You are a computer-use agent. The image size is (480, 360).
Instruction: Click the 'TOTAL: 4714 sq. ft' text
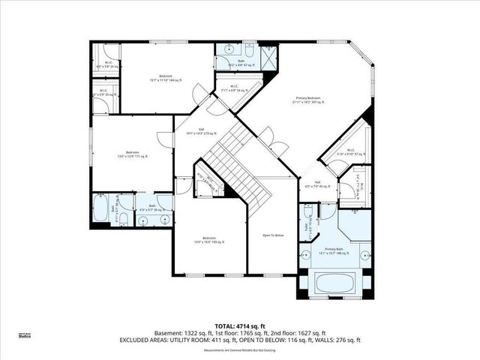tap(240, 325)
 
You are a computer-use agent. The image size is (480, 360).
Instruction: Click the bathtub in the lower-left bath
tap(100, 210)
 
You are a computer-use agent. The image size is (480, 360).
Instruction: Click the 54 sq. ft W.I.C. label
tap(234, 88)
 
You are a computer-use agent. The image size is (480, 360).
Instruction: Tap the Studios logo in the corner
tap(24, 337)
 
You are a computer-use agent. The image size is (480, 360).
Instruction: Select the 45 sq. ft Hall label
tap(318, 185)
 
